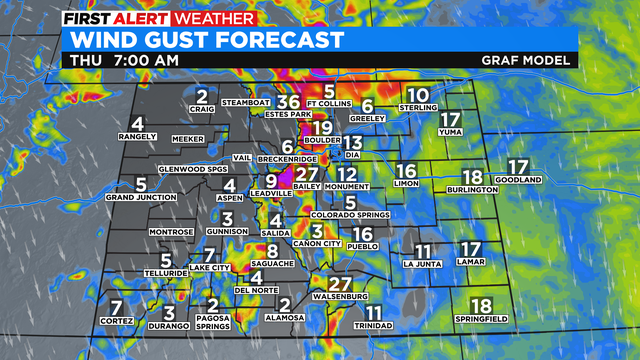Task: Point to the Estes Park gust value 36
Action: [x=288, y=101]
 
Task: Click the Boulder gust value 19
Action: [x=321, y=127]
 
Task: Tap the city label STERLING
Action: [x=417, y=107]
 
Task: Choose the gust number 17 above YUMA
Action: [x=449, y=120]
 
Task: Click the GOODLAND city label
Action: [x=517, y=180]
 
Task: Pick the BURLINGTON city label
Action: [x=473, y=189]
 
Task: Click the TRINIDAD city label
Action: [x=374, y=326]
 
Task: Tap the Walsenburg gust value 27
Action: [x=341, y=283]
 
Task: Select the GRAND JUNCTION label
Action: [x=141, y=197]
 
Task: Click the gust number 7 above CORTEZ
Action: [x=117, y=306]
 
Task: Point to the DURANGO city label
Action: [x=169, y=326]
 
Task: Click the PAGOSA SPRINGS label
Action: [x=212, y=322]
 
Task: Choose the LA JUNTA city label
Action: [x=422, y=264]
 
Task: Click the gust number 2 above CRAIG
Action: [x=203, y=97]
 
